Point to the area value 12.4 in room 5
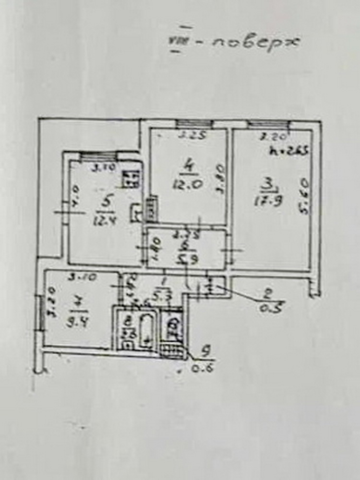click(x=104, y=221)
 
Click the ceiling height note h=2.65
click(x=289, y=150)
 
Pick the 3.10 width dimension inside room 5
click(x=100, y=168)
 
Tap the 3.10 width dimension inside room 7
click(x=76, y=277)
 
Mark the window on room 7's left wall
click(x=42, y=313)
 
